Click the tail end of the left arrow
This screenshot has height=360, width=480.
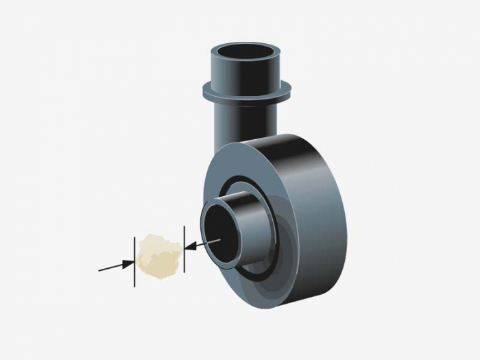tap(100, 269)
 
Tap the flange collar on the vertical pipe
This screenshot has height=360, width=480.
tap(247, 91)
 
